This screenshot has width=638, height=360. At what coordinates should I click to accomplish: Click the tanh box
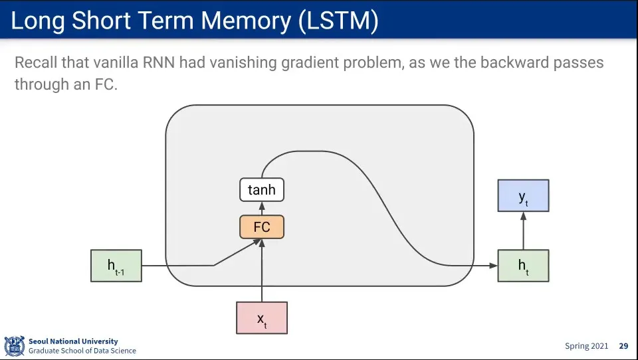coord(262,190)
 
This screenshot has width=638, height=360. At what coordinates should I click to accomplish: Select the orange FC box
coord(262,227)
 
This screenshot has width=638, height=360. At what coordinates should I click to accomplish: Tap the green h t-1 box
coord(116,266)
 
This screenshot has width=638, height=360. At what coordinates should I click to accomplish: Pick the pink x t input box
coord(262,317)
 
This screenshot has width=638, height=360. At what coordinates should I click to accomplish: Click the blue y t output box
coord(523,195)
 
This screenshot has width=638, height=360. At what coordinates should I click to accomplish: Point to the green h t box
coord(523,266)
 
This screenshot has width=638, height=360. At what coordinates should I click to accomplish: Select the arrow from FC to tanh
coord(262,209)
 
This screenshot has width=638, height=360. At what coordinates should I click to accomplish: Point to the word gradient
coord(318,63)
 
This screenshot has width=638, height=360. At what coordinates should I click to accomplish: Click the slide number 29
coord(623,346)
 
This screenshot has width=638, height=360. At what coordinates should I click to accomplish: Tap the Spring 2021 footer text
coord(586,346)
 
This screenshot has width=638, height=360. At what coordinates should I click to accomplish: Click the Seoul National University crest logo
coord(14,345)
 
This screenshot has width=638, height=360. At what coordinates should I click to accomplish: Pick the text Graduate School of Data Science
coord(82,351)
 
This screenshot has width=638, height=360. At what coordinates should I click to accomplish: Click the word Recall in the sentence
coord(37,63)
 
